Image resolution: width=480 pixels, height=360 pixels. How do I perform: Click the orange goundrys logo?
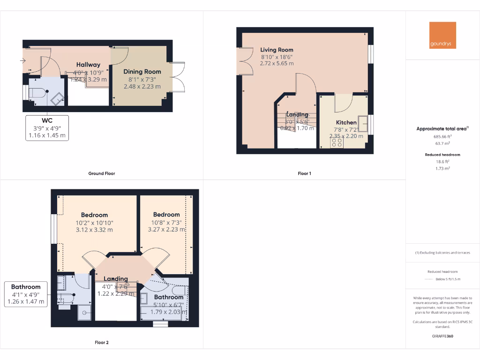442,35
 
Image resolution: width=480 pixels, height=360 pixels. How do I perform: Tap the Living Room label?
277,50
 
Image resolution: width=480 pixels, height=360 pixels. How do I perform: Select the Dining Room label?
142,72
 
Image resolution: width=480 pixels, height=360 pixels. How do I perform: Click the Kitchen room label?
346,122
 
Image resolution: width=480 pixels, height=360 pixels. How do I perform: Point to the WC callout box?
47,128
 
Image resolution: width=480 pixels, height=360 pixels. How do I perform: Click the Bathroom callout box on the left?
26,294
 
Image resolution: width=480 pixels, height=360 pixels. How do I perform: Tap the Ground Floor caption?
102,173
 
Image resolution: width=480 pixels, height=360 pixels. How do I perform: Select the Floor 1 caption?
304,173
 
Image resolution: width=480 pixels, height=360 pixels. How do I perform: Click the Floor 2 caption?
102,343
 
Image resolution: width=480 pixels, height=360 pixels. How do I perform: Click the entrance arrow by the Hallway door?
23,60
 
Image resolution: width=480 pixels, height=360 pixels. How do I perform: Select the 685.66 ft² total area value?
442,136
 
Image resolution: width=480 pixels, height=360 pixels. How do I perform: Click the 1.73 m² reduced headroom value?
442,167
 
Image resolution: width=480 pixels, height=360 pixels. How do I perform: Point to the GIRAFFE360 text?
442,336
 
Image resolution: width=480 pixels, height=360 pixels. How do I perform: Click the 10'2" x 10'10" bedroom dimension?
94,223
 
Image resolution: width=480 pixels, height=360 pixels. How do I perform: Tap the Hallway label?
88,65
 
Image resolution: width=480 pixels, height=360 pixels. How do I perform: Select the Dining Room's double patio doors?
177,77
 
